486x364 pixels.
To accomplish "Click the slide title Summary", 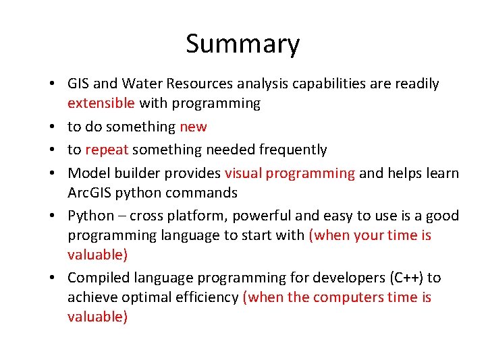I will click(x=242, y=44).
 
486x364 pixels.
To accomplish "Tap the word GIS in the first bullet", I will click(x=78, y=84).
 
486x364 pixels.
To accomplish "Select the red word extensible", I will click(x=101, y=103).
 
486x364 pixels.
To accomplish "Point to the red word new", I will click(x=193, y=127).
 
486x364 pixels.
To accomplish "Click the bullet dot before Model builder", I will click(x=52, y=173).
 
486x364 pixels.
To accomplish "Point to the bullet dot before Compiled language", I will click(x=52, y=278).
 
